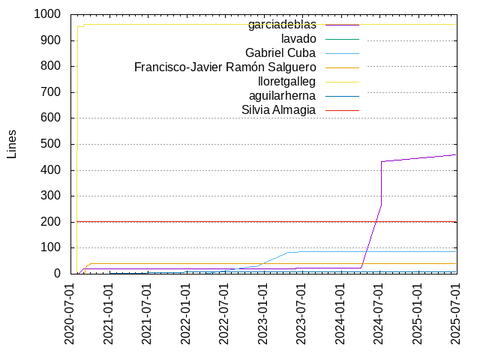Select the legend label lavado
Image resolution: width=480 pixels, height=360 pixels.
(298, 39)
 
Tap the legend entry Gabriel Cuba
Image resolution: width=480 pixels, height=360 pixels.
(280, 53)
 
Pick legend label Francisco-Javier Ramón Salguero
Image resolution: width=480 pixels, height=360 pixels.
(225, 67)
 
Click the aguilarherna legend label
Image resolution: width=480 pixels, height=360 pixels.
(282, 96)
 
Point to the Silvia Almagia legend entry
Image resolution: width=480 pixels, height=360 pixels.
(278, 110)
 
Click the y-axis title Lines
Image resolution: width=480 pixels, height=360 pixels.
(12, 144)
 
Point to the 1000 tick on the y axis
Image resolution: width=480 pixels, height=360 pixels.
(47, 14)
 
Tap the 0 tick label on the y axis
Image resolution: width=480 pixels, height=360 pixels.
(57, 274)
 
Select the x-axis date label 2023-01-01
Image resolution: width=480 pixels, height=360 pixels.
(264, 313)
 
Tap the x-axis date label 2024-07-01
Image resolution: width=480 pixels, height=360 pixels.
(379, 313)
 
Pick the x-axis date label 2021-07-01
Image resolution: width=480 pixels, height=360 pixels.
(148, 313)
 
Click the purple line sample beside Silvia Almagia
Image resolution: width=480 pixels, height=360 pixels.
(342, 110)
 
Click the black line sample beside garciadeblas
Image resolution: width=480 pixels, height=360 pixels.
(342, 25)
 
